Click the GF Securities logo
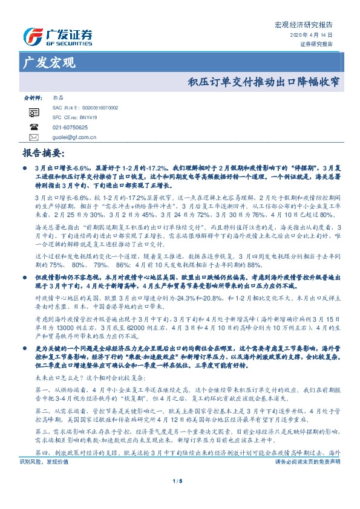pyautogui.click(x=57, y=37)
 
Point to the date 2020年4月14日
pyautogui.click(x=315, y=36)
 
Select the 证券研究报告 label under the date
pyautogui.click(x=316, y=44)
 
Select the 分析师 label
pyautogui.click(x=32, y=97)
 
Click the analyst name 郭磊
pyautogui.click(x=59, y=97)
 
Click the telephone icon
pyautogui.click(x=34, y=128)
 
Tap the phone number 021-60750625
pyautogui.click(x=70, y=128)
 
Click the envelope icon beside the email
pyautogui.click(x=34, y=137)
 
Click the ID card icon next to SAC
pyautogui.click(x=34, y=112)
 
